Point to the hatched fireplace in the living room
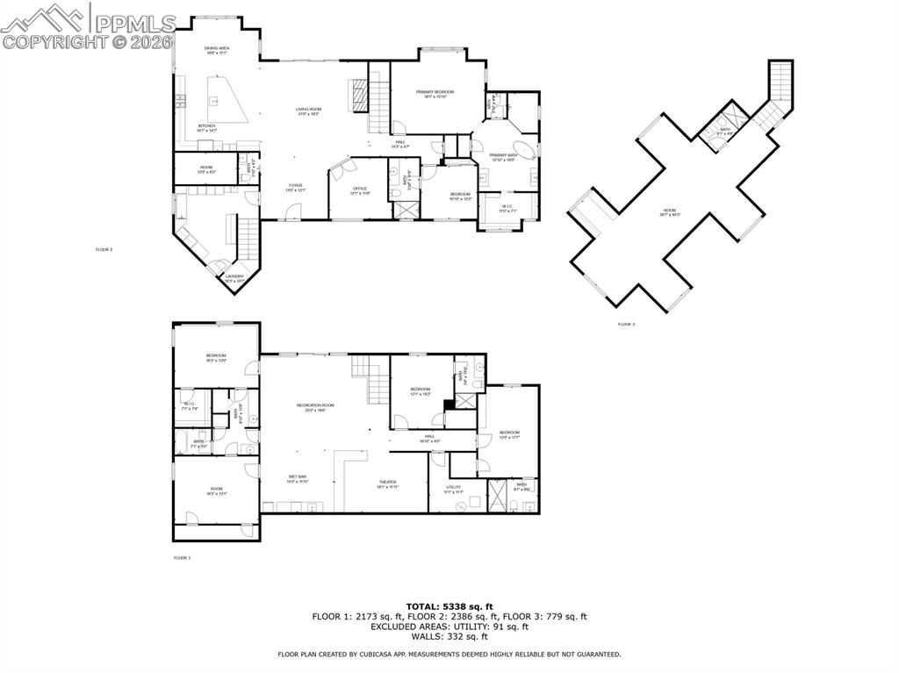[358, 95]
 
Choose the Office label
[359, 190]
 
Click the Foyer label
[296, 187]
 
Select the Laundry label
[234, 278]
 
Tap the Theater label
[387, 483]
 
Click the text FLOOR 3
[626, 325]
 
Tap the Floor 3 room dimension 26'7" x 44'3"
[670, 215]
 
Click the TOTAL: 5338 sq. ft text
[449, 606]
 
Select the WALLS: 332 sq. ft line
[449, 636]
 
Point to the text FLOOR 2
[104, 250]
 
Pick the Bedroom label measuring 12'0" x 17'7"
[510, 434]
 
